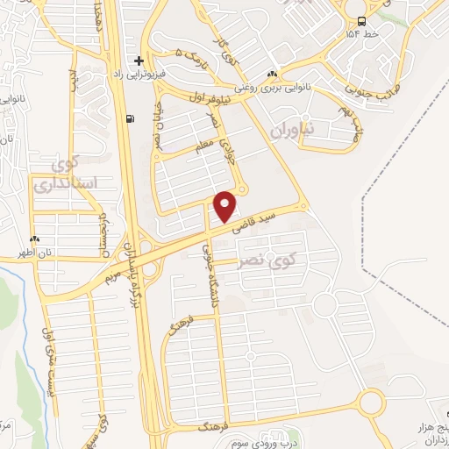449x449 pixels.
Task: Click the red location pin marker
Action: [226, 206]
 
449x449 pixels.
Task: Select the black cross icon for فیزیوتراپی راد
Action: [138, 61]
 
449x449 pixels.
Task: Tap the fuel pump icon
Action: [131, 119]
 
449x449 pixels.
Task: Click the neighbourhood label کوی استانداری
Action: [57, 175]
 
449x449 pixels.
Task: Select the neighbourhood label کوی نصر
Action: [267, 260]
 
